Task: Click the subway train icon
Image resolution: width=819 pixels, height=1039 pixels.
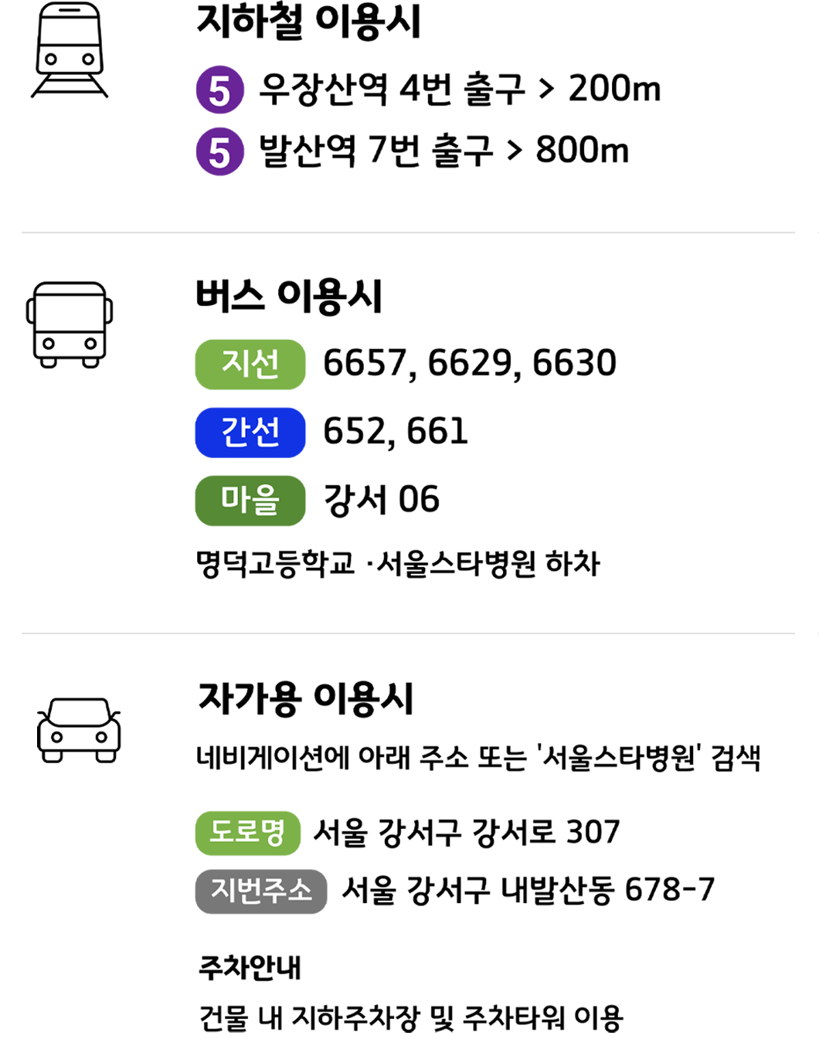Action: [70, 49]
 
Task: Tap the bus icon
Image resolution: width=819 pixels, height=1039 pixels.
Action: [70, 325]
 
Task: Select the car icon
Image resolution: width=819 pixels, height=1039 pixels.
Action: [79, 731]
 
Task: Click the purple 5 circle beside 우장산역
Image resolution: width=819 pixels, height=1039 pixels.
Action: [219, 90]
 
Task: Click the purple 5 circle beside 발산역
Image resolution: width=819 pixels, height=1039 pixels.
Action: [219, 151]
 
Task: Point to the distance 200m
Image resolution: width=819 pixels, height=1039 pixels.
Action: [614, 89]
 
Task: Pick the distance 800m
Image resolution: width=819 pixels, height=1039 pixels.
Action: [583, 150]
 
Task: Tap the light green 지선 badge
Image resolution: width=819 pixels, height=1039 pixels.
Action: [250, 365]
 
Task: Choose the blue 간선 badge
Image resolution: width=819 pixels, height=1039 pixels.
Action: [250, 433]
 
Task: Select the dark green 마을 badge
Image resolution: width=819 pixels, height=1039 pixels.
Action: [250, 501]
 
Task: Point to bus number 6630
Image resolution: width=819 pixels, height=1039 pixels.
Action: [574, 362]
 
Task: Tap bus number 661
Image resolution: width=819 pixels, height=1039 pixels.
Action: [437, 431]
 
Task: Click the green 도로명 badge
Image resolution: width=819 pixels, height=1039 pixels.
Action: [248, 834]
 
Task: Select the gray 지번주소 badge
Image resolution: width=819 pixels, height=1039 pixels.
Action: [261, 891]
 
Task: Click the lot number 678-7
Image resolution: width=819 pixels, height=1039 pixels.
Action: [669, 889]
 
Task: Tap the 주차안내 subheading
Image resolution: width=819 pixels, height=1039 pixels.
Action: [250, 969]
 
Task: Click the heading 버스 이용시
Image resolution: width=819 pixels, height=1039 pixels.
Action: [289, 297]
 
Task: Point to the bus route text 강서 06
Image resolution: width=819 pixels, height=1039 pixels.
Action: [382, 499]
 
